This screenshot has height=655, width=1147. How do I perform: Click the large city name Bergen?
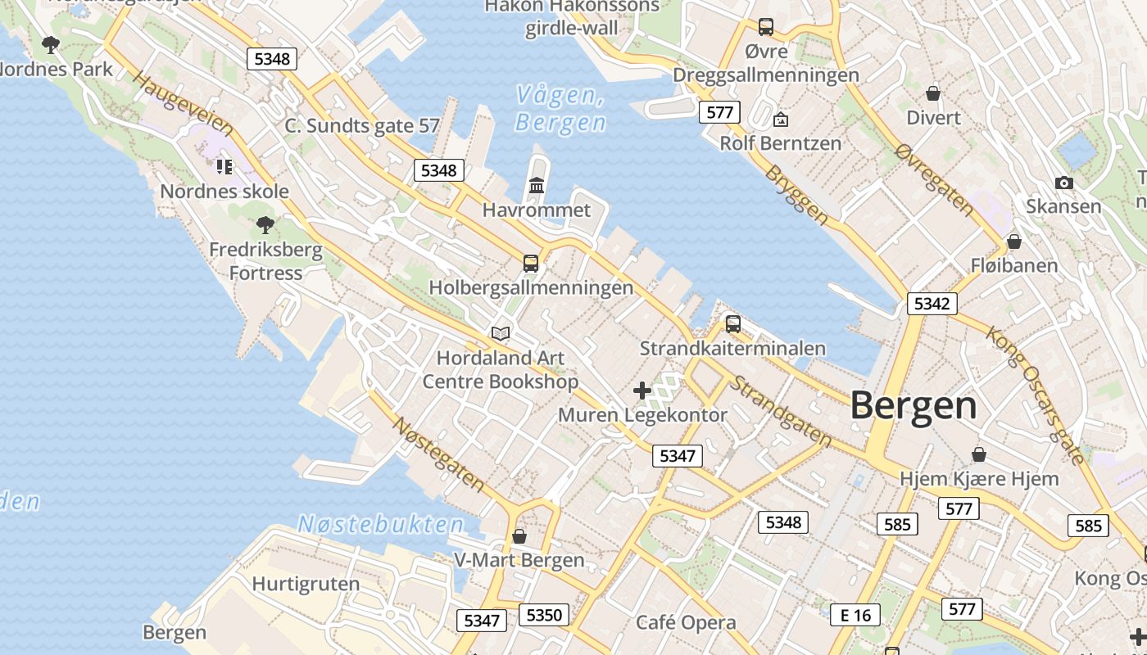(x=913, y=406)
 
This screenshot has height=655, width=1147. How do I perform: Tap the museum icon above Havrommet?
(x=537, y=186)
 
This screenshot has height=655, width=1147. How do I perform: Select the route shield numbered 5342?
(x=932, y=304)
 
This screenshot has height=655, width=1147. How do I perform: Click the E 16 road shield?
(x=855, y=615)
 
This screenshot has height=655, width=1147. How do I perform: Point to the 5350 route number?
(x=544, y=615)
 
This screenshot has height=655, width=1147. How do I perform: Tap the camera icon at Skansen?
(x=1063, y=183)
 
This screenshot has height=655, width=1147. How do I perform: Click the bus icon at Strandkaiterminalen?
(x=732, y=324)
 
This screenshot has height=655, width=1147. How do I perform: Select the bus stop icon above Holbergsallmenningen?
(x=531, y=264)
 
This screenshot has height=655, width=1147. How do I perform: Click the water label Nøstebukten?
(x=380, y=525)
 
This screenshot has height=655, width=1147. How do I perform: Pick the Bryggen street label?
(x=796, y=196)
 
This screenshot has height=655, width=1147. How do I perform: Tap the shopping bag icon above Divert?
(x=932, y=93)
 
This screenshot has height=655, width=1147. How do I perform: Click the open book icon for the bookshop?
(x=500, y=333)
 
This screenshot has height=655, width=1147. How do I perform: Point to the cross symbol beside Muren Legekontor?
(x=642, y=391)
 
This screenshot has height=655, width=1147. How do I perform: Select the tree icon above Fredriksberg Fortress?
(x=265, y=224)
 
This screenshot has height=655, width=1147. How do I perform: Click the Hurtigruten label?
(x=306, y=584)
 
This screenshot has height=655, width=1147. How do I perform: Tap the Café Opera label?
(x=686, y=623)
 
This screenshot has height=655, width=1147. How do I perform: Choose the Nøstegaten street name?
(x=438, y=454)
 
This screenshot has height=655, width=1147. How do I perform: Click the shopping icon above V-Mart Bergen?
(x=519, y=536)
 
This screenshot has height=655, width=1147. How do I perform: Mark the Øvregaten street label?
(x=934, y=180)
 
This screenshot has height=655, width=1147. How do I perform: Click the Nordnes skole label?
(x=224, y=192)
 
